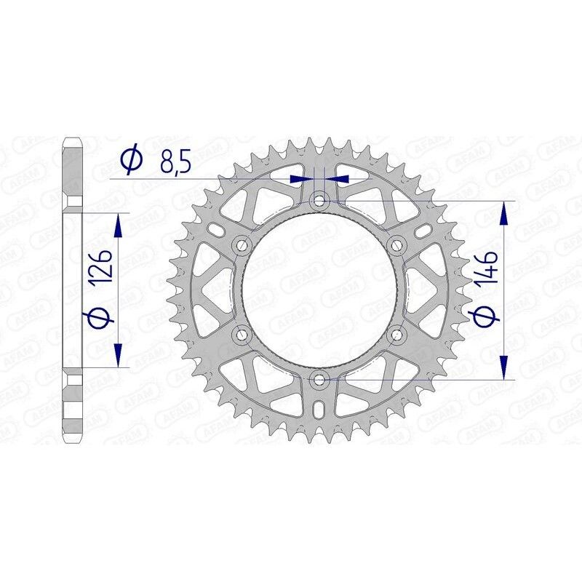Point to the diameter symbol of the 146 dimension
click(487, 314)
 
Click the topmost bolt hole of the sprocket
click(319, 200)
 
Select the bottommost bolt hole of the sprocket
click(319, 379)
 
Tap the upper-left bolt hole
click(242, 245)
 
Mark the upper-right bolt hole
click(396, 245)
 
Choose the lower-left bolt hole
click(242, 335)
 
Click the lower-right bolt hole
click(396, 335)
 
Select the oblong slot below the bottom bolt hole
click(319, 411)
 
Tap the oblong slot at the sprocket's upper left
click(216, 231)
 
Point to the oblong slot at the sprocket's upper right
click(423, 231)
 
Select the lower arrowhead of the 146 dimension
click(503, 367)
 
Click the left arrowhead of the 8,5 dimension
click(298, 178)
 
